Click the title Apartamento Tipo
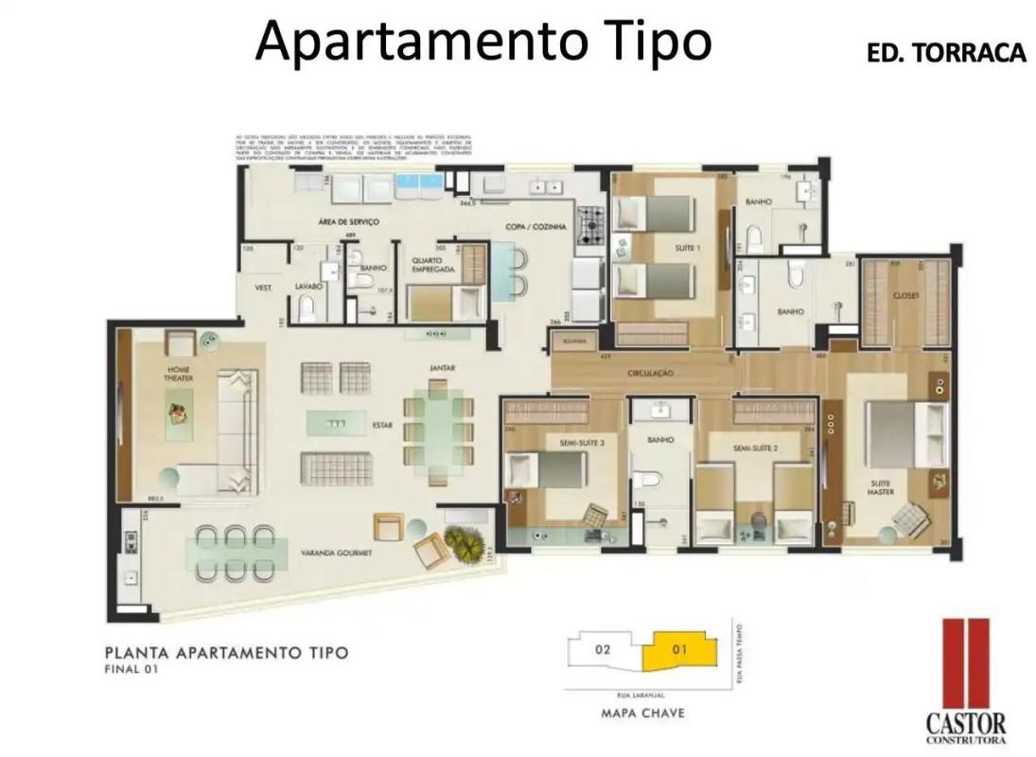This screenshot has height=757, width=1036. tap(483, 41)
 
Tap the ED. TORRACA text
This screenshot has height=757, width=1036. tap(946, 53)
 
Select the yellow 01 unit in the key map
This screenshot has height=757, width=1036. tap(679, 650)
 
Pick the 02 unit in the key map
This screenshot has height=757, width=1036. tap(603, 650)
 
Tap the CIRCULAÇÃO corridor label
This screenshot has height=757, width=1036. tap(649, 374)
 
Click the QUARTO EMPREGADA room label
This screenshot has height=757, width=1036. tap(432, 264)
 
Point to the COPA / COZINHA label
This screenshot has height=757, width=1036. tap(536, 227)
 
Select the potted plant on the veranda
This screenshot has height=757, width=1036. tap(463, 542)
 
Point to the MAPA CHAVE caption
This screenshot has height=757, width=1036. tap(643, 713)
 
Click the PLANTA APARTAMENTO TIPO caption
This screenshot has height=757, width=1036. tap(226, 652)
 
